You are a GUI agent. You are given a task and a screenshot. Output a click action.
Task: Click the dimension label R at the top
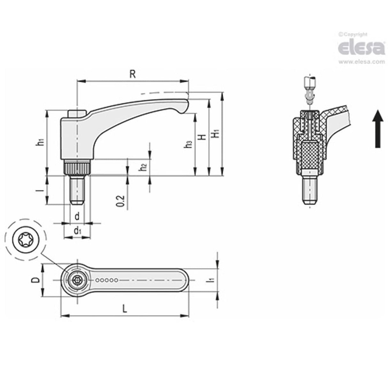click(133, 74)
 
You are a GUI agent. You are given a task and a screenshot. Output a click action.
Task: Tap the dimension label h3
click(189, 144)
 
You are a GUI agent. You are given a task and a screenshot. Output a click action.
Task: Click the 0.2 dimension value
click(120, 200)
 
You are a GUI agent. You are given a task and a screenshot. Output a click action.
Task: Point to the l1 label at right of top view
click(210, 280)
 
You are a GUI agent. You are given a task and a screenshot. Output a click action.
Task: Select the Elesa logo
click(361, 48)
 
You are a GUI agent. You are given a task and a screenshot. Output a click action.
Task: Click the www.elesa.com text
click(361, 62)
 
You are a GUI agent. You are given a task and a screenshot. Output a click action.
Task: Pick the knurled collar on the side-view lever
click(77, 168)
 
